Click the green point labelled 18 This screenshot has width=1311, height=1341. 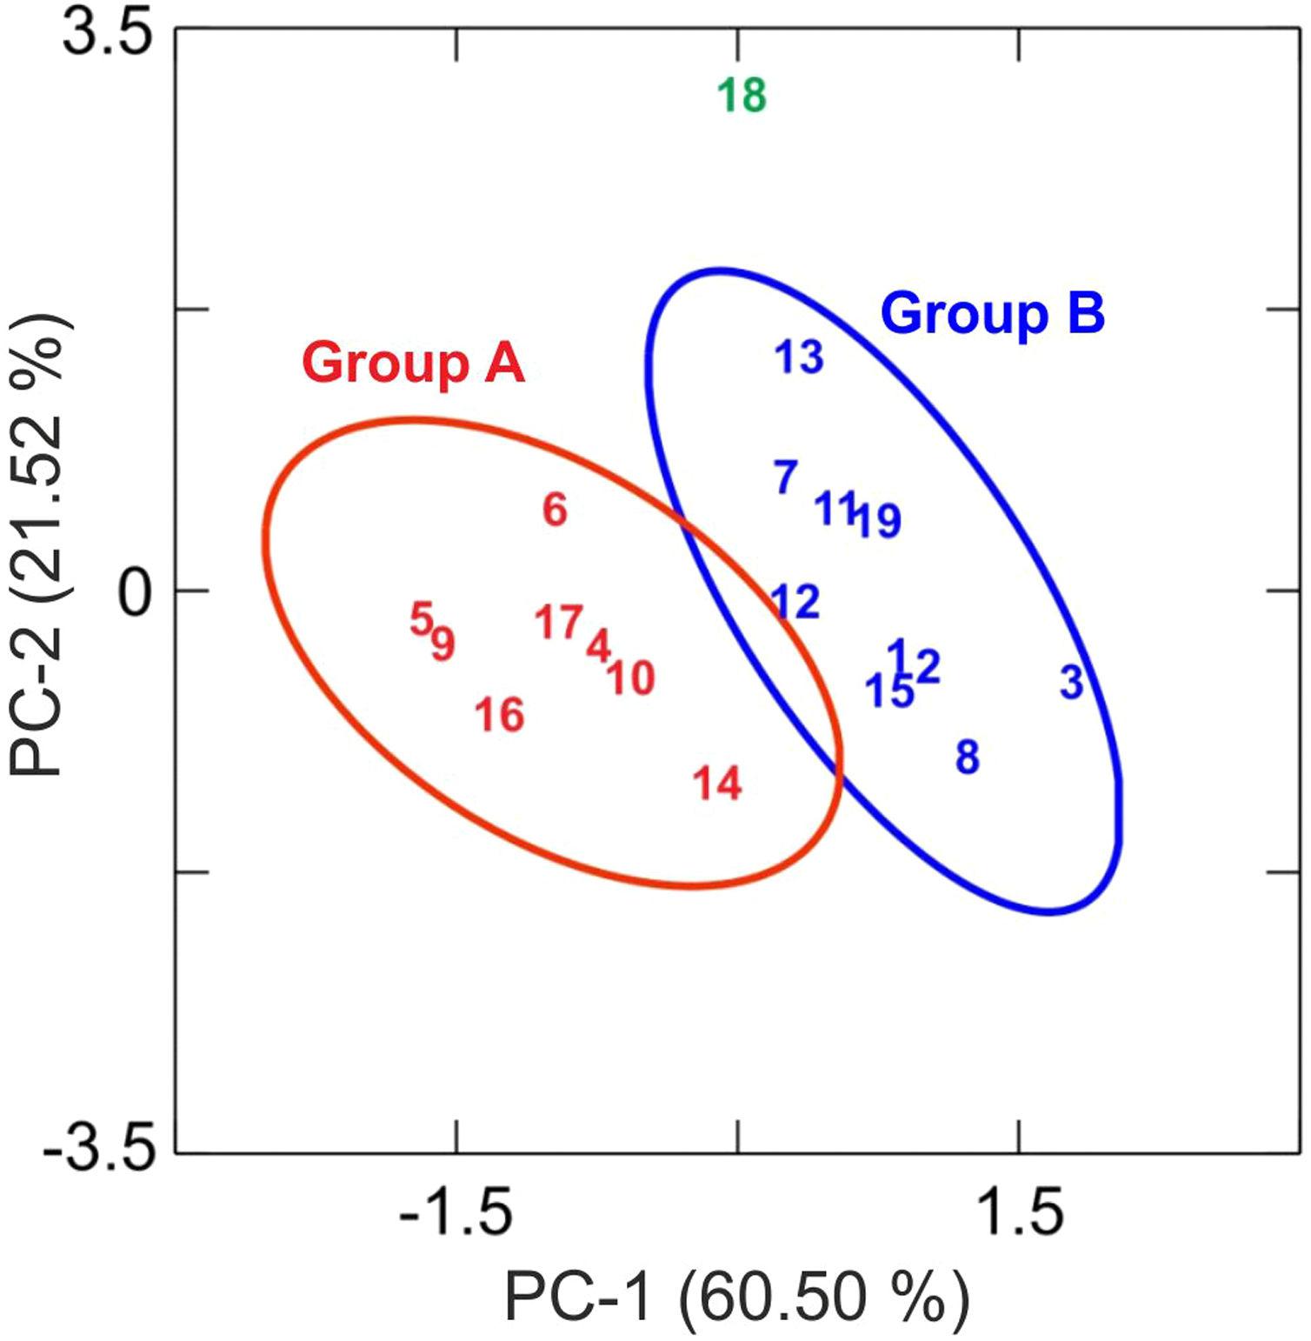[742, 96]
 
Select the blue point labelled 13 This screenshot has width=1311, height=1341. [799, 357]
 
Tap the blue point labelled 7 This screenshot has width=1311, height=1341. [786, 477]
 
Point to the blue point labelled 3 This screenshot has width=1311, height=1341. [1072, 683]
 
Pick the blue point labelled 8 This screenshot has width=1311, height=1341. [968, 757]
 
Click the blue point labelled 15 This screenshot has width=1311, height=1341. [889, 691]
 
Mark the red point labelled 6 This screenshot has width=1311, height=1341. [556, 510]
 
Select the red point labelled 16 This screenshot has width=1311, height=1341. [500, 716]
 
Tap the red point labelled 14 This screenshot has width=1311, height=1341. [717, 784]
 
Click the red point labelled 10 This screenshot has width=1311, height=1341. [630, 678]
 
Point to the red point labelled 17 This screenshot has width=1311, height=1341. [558, 622]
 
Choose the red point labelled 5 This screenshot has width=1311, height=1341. [421, 620]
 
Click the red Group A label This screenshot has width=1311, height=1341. [413, 363]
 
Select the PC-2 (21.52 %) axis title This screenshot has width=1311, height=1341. [39, 546]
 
